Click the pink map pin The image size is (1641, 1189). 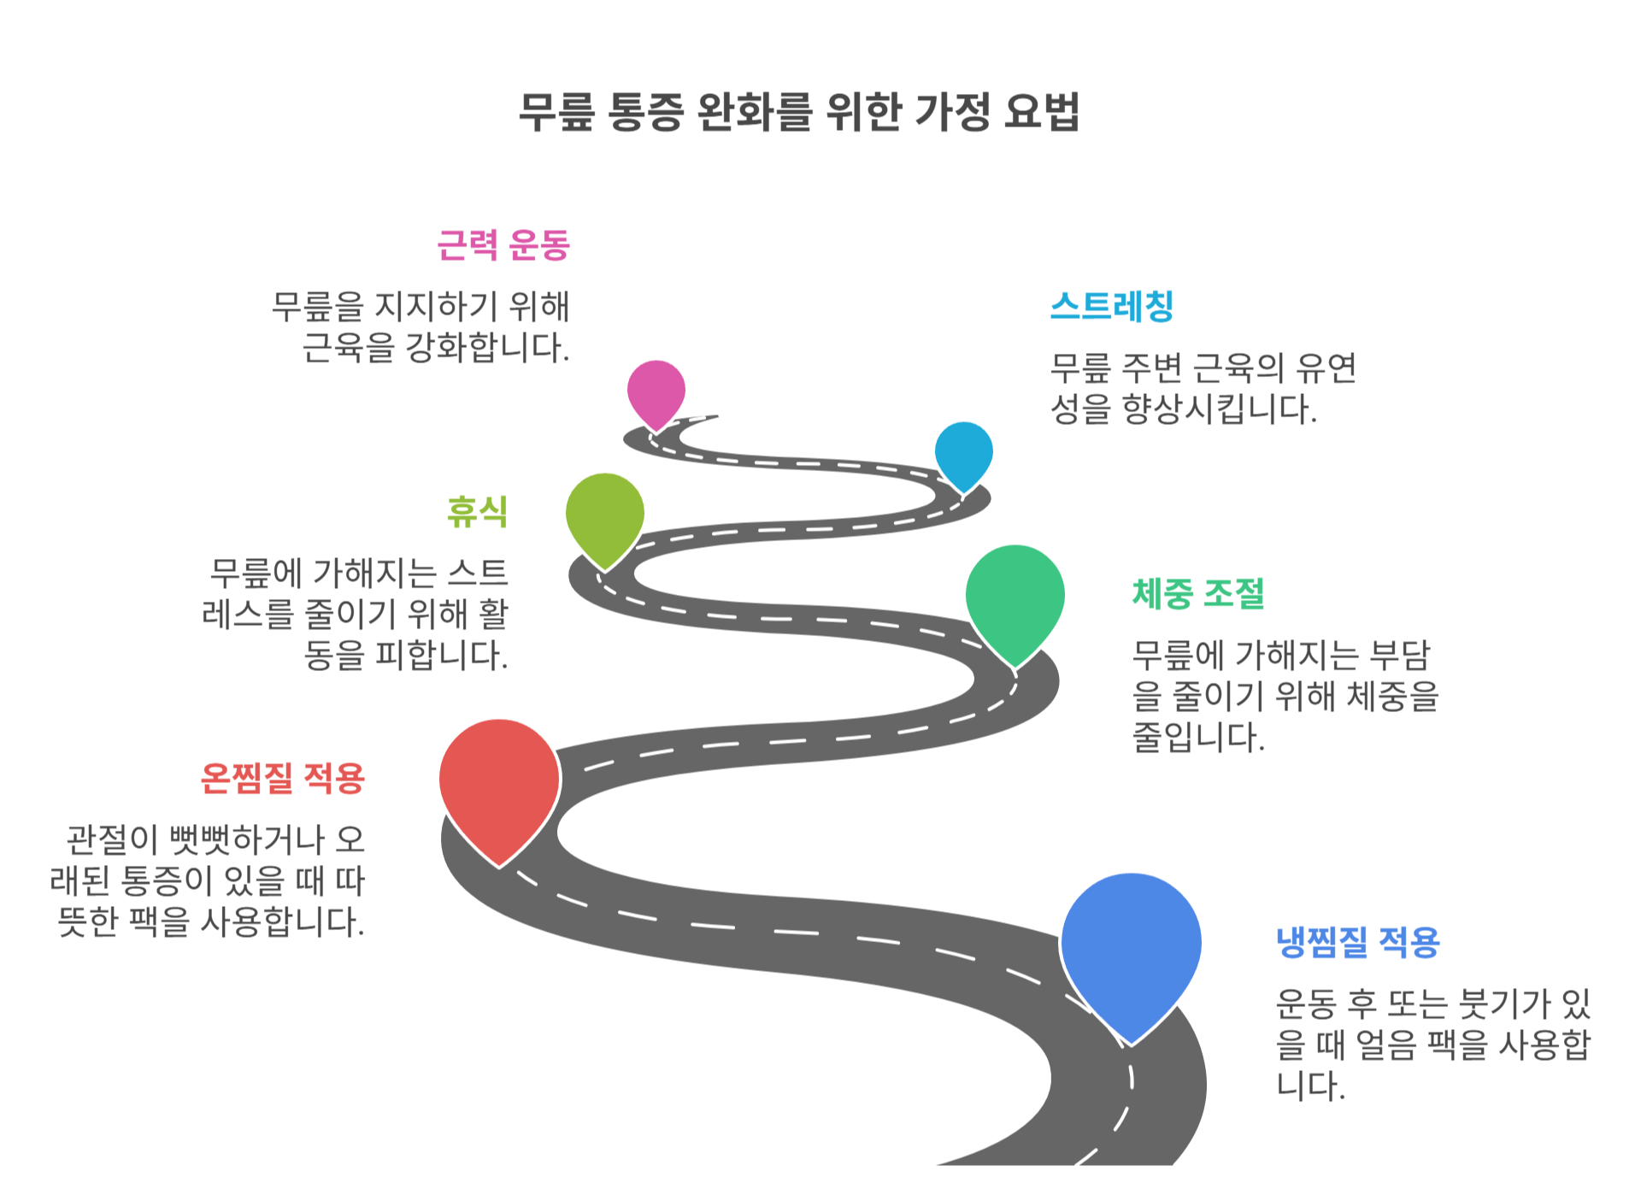click(x=656, y=391)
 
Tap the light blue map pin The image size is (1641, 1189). click(x=963, y=453)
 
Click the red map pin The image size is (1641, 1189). click(x=499, y=782)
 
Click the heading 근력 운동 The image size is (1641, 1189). click(x=503, y=245)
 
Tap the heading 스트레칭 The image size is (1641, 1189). click(x=1112, y=306)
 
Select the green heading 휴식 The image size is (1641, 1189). click(x=477, y=511)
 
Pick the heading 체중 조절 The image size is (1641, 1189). click(x=1197, y=593)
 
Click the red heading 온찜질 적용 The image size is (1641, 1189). click(x=282, y=778)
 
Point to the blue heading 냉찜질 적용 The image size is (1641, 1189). click(x=1357, y=942)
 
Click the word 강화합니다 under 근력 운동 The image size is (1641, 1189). click(x=486, y=348)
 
